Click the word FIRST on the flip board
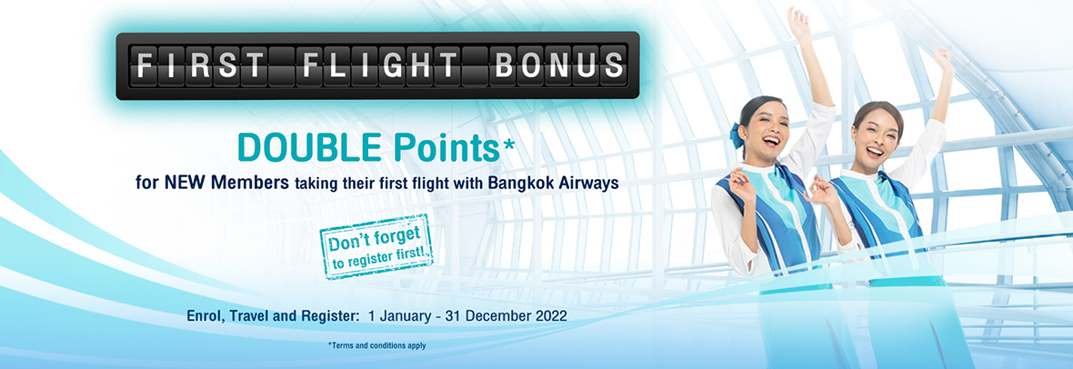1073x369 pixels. point(199,65)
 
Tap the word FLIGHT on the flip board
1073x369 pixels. point(380,65)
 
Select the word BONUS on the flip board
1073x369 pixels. point(558,65)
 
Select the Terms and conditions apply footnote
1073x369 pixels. point(377,345)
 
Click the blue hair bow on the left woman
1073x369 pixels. point(736,135)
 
